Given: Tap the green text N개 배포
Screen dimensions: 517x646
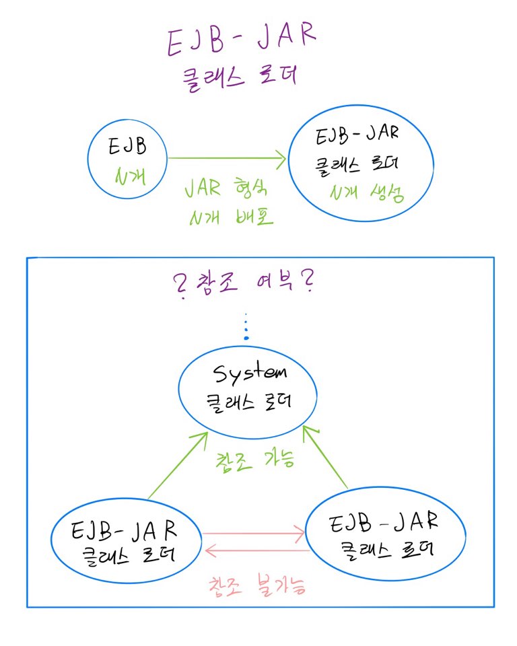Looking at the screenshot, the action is click(230, 217).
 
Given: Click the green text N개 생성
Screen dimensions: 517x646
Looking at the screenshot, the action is click(367, 194).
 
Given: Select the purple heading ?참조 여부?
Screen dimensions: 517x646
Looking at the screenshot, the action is click(246, 283).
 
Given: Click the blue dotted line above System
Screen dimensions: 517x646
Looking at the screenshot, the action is click(246, 326).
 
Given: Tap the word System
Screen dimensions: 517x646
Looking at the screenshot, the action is click(248, 374).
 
